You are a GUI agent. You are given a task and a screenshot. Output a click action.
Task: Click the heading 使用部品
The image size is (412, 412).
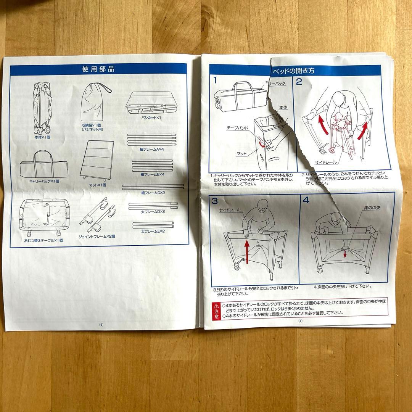pos(98,69)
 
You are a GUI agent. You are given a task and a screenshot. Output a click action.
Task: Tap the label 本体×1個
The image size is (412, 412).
pos(42,136)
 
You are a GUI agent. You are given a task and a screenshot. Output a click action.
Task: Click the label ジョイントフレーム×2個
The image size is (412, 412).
pos(97,236)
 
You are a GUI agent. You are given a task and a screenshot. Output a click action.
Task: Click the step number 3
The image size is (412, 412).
pos(215,201)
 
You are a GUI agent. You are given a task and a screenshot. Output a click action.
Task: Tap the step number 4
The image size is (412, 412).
pos(306,200)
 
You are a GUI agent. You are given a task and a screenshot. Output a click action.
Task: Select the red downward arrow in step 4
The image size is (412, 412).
pos(345,254)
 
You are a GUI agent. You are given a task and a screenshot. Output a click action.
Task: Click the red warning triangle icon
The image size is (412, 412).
pos(217,306)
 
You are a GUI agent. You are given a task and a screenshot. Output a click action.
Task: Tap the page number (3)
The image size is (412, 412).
pos(101,325)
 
